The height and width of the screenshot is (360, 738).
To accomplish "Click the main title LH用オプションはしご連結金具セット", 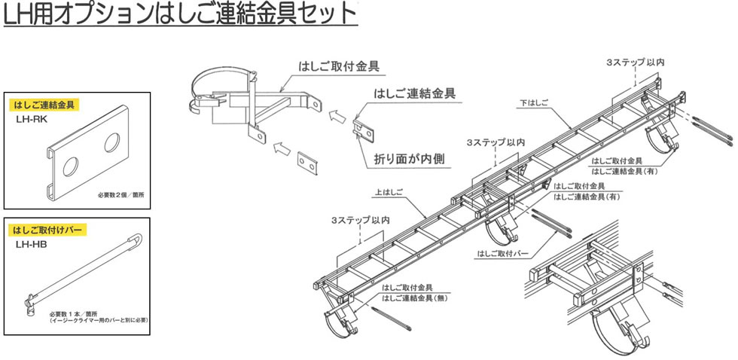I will point(179,14).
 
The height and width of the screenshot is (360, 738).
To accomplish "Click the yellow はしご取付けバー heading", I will point(47,228).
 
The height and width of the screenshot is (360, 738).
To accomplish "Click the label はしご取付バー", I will point(501,252).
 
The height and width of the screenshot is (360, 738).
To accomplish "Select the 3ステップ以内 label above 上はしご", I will point(360,220).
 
